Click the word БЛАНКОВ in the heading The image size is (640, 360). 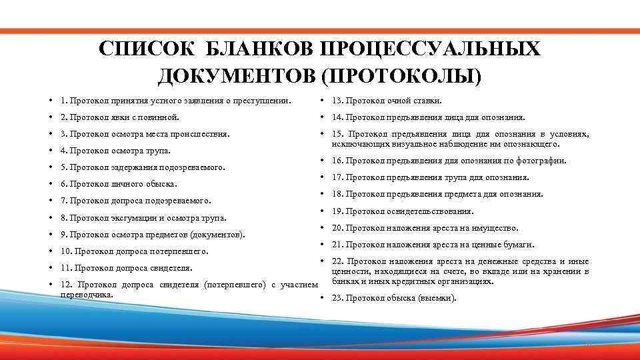point(257,51)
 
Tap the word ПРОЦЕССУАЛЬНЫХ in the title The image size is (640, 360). point(430,51)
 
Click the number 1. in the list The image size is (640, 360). point(63,101)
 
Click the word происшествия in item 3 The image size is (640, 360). point(201,134)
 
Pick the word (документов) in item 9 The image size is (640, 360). point(217,235)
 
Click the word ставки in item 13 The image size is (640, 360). point(428,101)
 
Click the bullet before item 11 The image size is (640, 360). point(51,268)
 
